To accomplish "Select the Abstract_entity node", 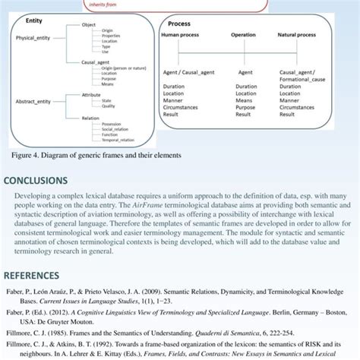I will tap(33, 102).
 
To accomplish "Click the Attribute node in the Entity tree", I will tap(92, 94).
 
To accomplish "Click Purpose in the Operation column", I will tap(245, 107).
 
